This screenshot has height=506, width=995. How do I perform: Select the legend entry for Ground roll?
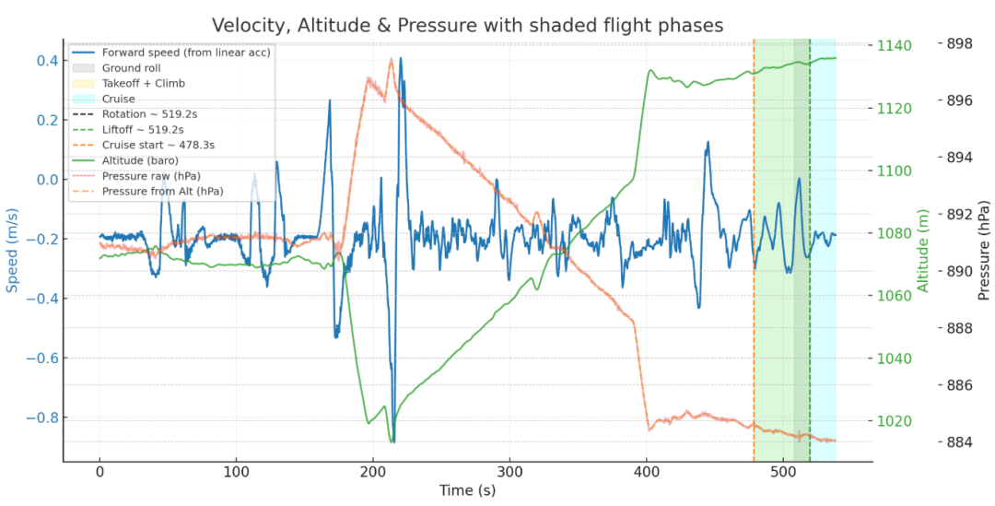click(x=134, y=68)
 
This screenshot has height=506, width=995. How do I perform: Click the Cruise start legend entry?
click(x=158, y=145)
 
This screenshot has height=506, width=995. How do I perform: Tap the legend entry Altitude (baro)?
click(x=140, y=160)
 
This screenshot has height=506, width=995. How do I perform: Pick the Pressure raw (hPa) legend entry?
click(x=151, y=175)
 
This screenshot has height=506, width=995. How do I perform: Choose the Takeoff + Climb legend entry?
click(x=144, y=83)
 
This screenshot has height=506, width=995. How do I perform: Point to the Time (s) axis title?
click(x=467, y=491)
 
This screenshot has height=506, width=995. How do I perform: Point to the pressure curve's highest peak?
click(x=392, y=60)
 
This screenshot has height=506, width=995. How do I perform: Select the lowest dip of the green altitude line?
click(x=392, y=441)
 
